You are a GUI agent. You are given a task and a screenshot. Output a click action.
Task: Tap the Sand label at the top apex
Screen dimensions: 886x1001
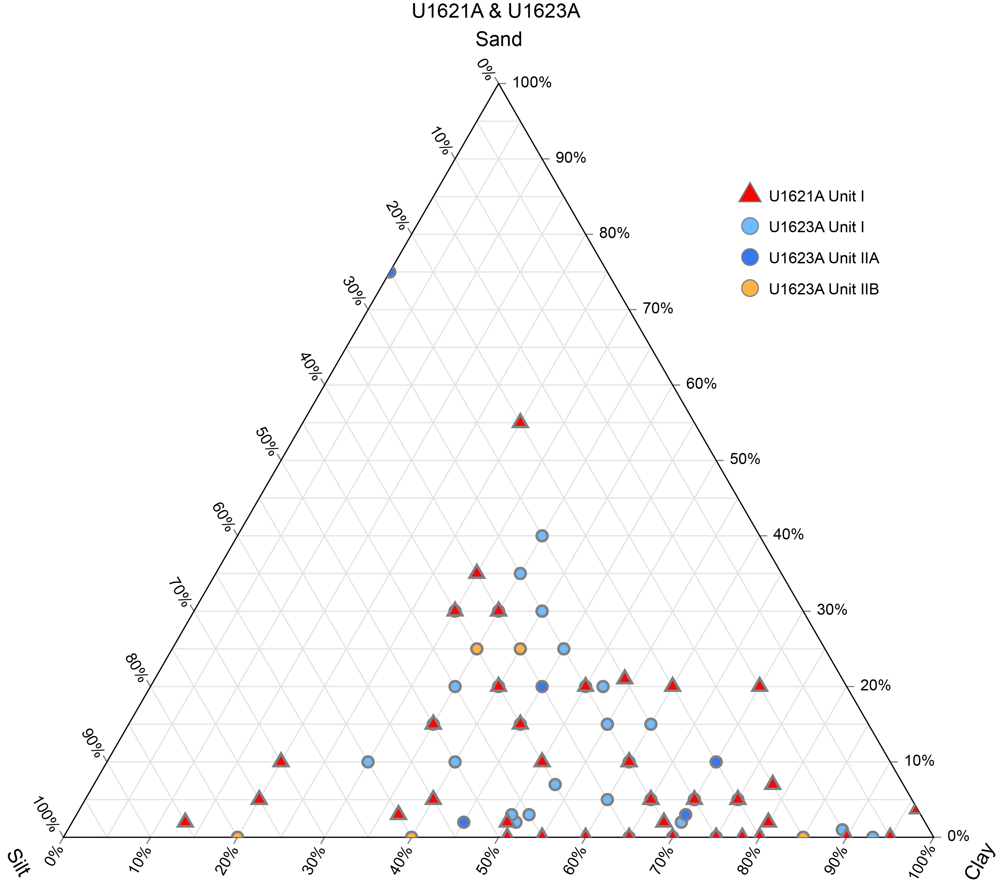[x=499, y=39]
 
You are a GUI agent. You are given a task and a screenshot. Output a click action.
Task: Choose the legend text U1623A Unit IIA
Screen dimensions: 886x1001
[x=824, y=258]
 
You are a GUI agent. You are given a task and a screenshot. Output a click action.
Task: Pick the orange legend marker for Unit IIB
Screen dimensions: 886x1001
[x=750, y=289]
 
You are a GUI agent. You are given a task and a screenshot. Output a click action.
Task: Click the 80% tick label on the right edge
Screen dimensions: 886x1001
[x=614, y=233]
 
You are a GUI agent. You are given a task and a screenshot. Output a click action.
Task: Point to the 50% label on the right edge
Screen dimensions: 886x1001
[x=744, y=459]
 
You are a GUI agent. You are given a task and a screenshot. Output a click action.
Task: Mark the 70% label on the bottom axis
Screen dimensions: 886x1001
[x=661, y=859]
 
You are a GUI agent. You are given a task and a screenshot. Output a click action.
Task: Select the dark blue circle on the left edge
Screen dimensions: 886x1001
[x=390, y=272]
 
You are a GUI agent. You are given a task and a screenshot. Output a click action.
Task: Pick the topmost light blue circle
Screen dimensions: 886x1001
[x=542, y=536]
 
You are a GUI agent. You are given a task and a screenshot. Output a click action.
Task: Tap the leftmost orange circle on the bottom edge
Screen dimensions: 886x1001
[x=237, y=837]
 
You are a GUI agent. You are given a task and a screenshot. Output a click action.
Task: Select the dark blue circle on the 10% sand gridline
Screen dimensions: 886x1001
[x=716, y=762]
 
